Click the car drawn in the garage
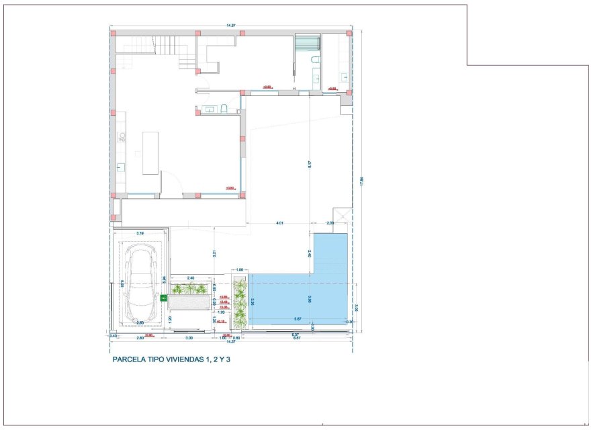(142, 282)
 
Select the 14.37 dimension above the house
(231, 26)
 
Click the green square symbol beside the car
(163, 298)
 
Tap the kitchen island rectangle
(150, 153)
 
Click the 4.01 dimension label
(280, 223)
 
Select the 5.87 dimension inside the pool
(295, 319)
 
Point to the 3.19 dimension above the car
(140, 232)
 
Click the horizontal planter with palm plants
(190, 290)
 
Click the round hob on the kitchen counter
(122, 137)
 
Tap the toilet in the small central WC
(224, 109)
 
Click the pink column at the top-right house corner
(349, 32)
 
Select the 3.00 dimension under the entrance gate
(189, 337)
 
